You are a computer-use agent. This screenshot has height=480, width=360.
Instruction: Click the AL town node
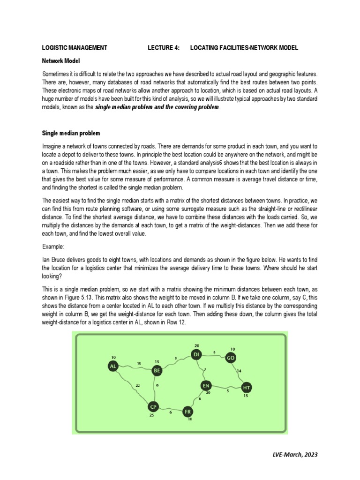click(x=112, y=367)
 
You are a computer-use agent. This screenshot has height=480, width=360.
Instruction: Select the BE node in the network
click(x=157, y=370)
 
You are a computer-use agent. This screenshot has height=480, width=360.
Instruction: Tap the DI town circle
click(x=196, y=355)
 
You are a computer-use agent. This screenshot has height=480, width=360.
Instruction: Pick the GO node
click(x=230, y=358)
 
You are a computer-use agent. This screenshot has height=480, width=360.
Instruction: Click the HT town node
click(x=246, y=388)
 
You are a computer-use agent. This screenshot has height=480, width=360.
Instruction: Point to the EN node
click(x=205, y=385)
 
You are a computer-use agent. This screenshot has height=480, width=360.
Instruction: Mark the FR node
click(x=188, y=412)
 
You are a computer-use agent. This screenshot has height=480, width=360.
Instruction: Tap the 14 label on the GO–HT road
click(x=239, y=371)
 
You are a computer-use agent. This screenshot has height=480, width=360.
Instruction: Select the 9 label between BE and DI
click(x=176, y=359)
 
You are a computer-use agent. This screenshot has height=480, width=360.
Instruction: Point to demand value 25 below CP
click(x=151, y=415)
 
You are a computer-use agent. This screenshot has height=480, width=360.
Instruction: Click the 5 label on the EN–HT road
click(x=228, y=390)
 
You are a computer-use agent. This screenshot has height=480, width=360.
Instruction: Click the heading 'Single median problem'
click(x=71, y=133)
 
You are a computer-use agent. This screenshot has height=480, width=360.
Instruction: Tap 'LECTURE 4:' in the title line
click(x=164, y=48)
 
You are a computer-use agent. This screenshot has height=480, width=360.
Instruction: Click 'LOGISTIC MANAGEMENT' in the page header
click(x=75, y=48)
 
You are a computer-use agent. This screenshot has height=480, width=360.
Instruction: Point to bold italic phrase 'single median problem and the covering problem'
click(x=157, y=107)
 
